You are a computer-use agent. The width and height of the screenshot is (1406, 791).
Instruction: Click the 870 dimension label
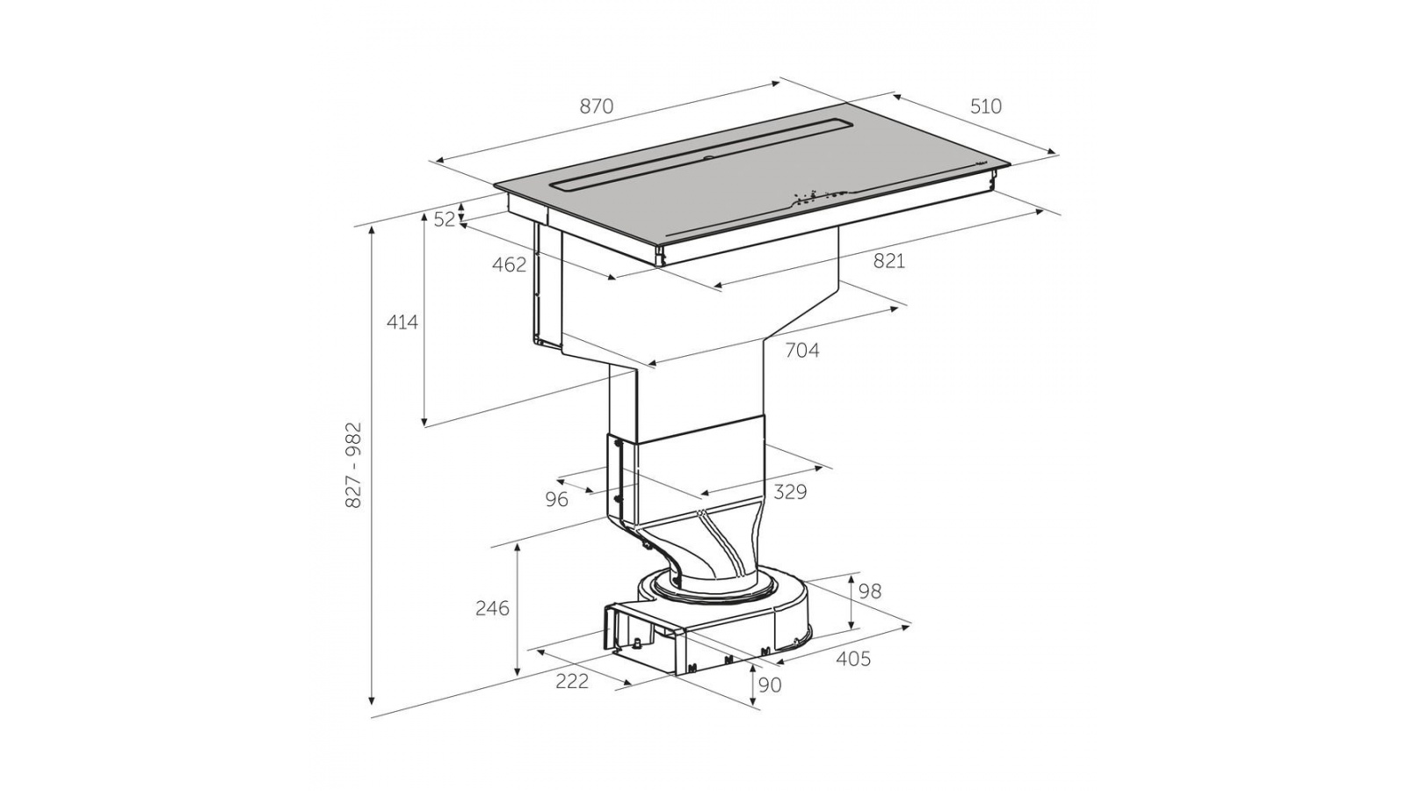pyautogui.click(x=596, y=106)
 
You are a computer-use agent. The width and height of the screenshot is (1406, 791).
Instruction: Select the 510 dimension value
pyautogui.click(x=986, y=106)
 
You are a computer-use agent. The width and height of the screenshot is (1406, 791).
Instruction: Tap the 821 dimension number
pyautogui.click(x=888, y=261)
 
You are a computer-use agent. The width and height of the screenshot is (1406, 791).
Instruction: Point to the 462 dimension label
pyautogui.click(x=509, y=265)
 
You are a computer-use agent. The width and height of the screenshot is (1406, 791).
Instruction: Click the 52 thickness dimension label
pyautogui.click(x=445, y=219)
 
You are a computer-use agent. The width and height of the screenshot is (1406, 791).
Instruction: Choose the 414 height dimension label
pyautogui.click(x=402, y=322)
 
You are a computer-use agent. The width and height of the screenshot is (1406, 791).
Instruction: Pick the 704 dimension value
pyautogui.click(x=802, y=351)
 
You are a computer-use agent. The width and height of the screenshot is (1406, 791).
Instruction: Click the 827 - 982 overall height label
pyautogui.click(x=354, y=465)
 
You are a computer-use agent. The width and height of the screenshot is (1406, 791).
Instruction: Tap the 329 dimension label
pyautogui.click(x=790, y=491)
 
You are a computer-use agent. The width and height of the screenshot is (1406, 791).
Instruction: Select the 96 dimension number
pyautogui.click(x=557, y=500)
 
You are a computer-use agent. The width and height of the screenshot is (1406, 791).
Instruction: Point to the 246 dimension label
pyautogui.click(x=492, y=608)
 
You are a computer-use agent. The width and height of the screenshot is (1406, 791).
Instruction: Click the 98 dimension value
pyautogui.click(x=870, y=591)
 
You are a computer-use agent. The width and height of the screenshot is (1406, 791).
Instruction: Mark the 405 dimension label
pyautogui.click(x=853, y=658)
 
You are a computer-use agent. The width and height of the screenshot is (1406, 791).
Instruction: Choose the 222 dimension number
pyautogui.click(x=572, y=681)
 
